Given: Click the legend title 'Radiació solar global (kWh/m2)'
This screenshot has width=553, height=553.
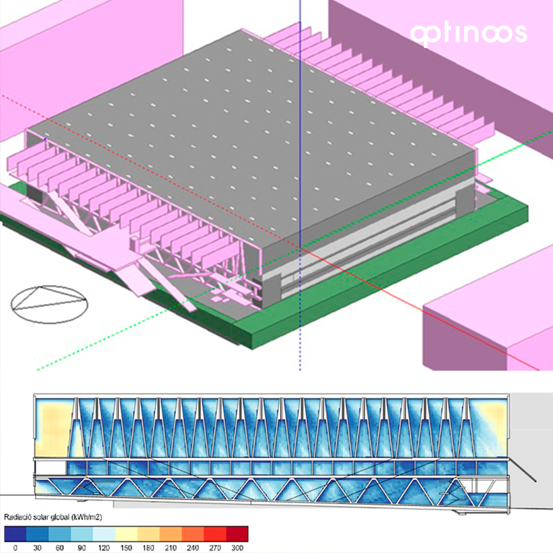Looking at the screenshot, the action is click(53, 517).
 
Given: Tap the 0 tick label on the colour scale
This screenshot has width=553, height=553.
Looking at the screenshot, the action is click(15, 548).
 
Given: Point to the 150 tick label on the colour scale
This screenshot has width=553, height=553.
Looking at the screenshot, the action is click(126, 548).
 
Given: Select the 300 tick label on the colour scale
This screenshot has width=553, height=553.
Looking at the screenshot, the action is click(238, 548).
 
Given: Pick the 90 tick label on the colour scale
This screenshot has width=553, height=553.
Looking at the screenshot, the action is click(81, 548).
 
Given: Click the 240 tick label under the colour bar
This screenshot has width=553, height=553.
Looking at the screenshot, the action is click(193, 548).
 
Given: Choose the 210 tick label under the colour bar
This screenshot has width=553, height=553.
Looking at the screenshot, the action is click(171, 548).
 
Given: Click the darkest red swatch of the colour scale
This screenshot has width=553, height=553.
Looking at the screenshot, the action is click(237, 534).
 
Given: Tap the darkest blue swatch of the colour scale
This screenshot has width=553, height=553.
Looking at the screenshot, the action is click(15, 534).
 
